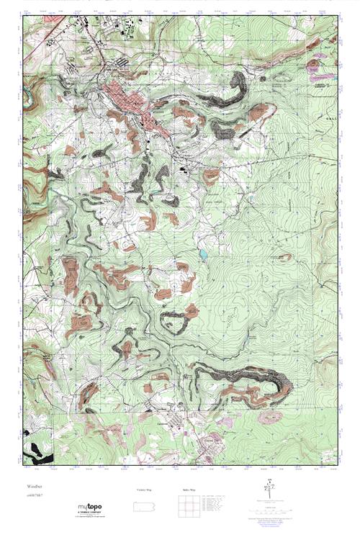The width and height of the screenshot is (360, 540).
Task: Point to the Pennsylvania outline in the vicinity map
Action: tap(145, 508)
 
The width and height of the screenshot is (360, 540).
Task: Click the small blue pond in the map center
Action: tap(204, 254)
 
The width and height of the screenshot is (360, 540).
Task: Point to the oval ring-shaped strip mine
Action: tap(174, 320)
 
